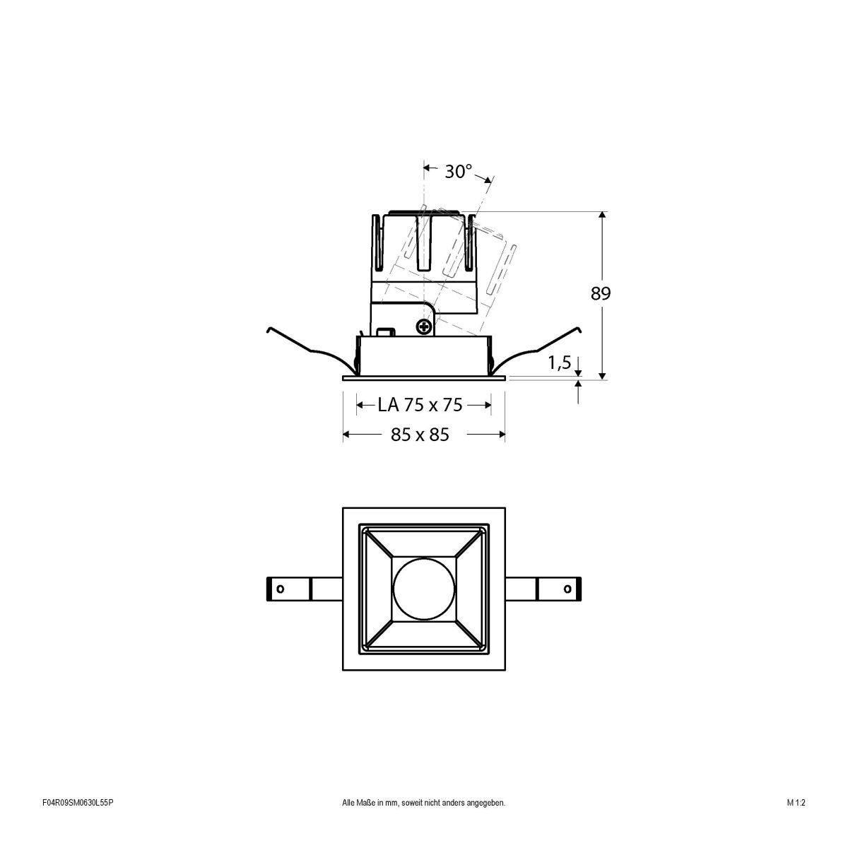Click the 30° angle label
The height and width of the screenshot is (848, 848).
pyautogui.click(x=459, y=171)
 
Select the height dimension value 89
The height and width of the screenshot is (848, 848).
pyautogui.click(x=600, y=294)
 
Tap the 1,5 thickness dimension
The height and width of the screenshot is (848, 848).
pyautogui.click(x=559, y=363)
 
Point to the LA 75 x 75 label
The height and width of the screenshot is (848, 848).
pyautogui.click(x=420, y=405)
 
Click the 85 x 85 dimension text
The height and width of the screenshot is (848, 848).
pyautogui.click(x=420, y=435)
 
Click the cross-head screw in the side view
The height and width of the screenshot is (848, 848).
pyautogui.click(x=423, y=326)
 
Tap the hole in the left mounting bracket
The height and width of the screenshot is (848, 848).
pyautogui.click(x=280, y=589)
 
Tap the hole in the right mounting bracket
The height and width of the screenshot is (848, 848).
pyautogui.click(x=567, y=589)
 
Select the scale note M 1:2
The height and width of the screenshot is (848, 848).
pyautogui.click(x=796, y=823)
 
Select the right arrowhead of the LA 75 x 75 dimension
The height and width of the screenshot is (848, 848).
pyautogui.click(x=487, y=405)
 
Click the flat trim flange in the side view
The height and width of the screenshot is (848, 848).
pyautogui.click(x=423, y=378)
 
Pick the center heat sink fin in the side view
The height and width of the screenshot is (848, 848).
pyautogui.click(x=424, y=240)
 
